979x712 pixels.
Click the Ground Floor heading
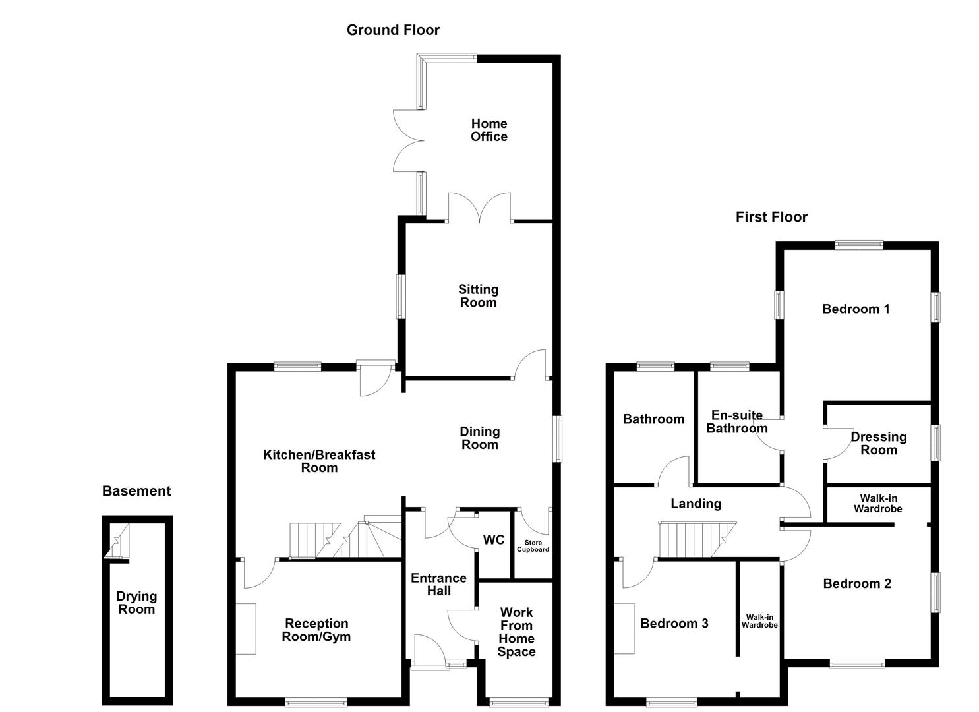point(393,30)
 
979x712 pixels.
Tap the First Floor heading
point(771,217)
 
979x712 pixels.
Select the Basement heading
point(136,491)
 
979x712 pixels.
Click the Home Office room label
point(489,130)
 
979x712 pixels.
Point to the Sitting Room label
point(478,296)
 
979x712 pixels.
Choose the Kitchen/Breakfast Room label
point(319,461)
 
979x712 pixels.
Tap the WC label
point(494,540)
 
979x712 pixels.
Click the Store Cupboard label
point(533,546)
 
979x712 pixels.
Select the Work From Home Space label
point(516,632)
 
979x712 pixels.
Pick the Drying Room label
point(136,603)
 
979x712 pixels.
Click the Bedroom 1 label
point(856,309)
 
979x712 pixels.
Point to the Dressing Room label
point(878,443)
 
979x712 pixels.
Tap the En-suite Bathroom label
point(736,422)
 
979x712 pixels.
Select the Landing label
point(696,504)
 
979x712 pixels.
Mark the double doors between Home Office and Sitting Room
point(479,207)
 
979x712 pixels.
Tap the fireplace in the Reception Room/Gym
point(246,628)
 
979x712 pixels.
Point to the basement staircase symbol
point(119,541)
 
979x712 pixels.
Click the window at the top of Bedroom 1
point(858,245)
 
